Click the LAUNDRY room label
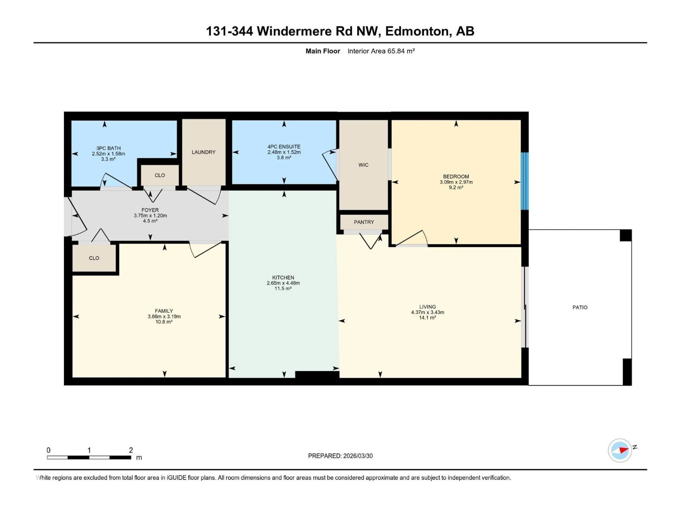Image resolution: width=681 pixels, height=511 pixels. click(203, 152)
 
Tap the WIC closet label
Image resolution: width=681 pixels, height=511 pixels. click(363, 165)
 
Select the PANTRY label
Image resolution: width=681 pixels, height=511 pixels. click(364, 222)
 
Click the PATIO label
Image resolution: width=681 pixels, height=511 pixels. click(580, 307)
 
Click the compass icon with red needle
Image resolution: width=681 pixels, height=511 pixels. click(620, 450)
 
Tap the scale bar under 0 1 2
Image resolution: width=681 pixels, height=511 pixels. click(89, 457)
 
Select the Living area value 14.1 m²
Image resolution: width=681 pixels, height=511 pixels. click(427, 318)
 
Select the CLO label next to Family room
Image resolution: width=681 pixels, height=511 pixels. click(94, 258)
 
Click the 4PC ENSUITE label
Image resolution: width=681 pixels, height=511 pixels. click(284, 147)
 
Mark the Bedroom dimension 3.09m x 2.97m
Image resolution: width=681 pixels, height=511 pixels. click(456, 182)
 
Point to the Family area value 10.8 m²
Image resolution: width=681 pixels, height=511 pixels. click(164, 322)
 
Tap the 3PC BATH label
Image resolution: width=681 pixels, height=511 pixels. click(108, 148)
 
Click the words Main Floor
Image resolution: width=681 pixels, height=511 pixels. click(323, 51)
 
